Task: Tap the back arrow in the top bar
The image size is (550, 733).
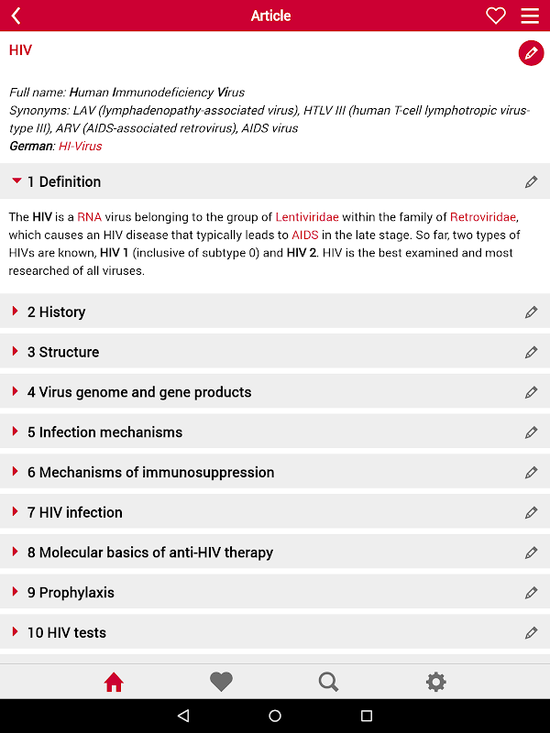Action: pyautogui.click(x=16, y=16)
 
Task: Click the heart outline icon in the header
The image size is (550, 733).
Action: pyautogui.click(x=496, y=16)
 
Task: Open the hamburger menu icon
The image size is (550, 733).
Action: pyautogui.click(x=530, y=16)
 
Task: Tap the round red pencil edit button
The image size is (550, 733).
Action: pyautogui.click(x=531, y=53)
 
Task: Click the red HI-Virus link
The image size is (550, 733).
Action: pyautogui.click(x=81, y=147)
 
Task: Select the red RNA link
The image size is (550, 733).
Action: pyautogui.click(x=90, y=217)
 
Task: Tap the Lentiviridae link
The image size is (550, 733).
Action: pyautogui.click(x=307, y=217)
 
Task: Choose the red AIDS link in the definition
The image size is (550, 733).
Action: pyautogui.click(x=305, y=235)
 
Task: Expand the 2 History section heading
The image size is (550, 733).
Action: pyautogui.click(x=56, y=312)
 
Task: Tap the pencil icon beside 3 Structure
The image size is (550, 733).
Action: pyautogui.click(x=531, y=353)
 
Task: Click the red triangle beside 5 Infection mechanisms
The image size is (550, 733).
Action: pyautogui.click(x=15, y=432)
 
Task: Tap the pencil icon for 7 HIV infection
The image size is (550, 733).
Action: pyautogui.click(x=531, y=513)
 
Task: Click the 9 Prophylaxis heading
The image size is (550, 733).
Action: pyautogui.click(x=71, y=593)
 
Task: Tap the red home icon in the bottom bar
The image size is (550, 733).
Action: pyautogui.click(x=114, y=682)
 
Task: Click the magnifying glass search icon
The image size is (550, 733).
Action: pyautogui.click(x=328, y=682)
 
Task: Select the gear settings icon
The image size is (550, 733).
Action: pyautogui.click(x=436, y=682)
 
